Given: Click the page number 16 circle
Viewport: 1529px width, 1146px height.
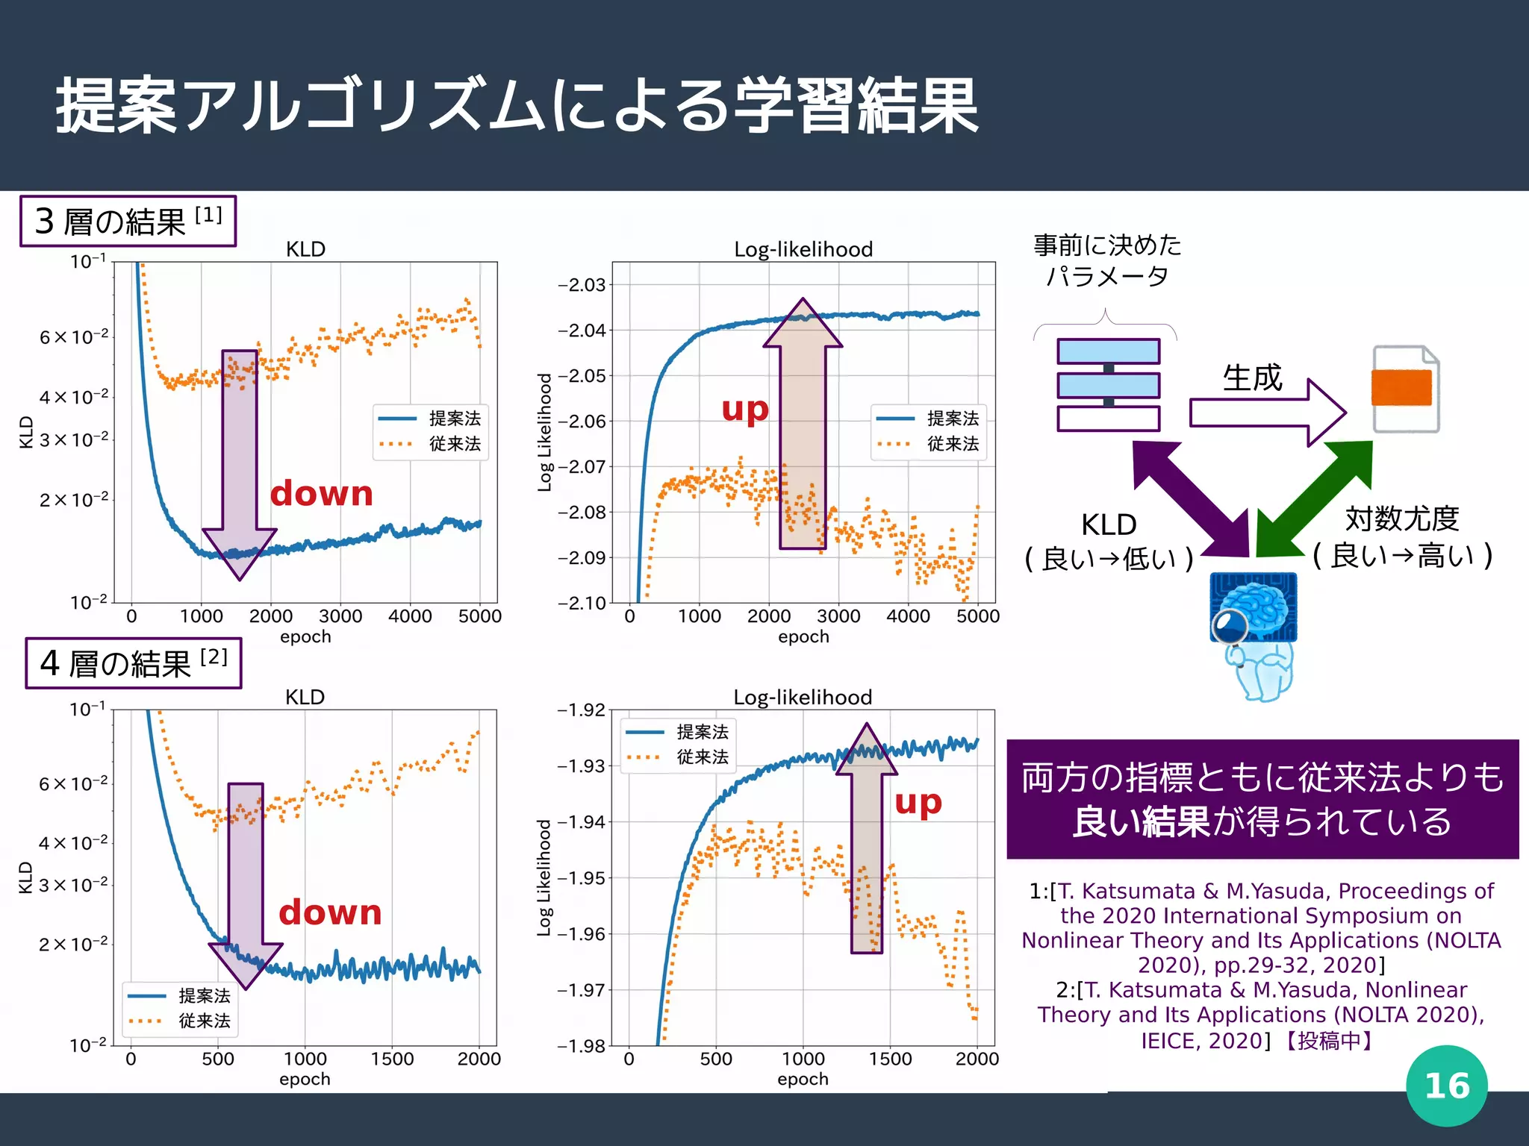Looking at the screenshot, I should tap(1446, 1086).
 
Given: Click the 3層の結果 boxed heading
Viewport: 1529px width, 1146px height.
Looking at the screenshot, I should tap(128, 222).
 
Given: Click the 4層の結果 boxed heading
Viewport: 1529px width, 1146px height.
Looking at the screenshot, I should tap(133, 663).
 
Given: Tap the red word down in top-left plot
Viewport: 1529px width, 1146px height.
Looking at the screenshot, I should tap(321, 494).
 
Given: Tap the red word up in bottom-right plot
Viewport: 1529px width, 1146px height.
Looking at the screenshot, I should tap(918, 803).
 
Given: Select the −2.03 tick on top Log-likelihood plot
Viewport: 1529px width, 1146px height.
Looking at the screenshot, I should tap(582, 285).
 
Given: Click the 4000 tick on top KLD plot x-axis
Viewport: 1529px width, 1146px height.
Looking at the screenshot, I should tap(410, 616).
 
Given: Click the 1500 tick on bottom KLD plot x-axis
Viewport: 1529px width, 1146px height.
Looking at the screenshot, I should tap(392, 1059).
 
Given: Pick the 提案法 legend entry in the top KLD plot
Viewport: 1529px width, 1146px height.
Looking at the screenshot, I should tap(454, 419).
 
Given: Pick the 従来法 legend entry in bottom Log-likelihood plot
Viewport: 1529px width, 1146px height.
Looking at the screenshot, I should tap(702, 757).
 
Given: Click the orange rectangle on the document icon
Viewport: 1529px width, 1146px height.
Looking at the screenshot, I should tap(1401, 388).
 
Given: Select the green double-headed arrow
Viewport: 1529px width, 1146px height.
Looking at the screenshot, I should tap(1315, 498).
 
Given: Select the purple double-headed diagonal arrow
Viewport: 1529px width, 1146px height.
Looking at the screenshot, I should tap(1192, 498).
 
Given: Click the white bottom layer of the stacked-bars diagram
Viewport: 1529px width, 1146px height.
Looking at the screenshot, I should tap(1108, 419).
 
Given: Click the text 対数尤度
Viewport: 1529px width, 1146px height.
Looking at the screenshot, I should tap(1401, 519).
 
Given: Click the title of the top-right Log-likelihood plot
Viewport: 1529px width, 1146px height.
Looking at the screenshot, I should tap(803, 249).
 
